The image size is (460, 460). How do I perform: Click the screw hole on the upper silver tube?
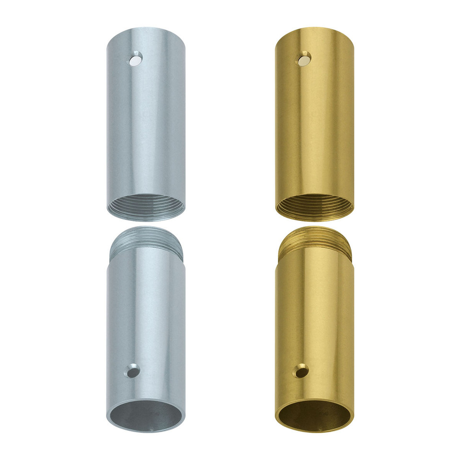(x=135, y=59)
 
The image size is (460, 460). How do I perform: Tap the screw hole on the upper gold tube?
(x=304, y=59)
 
